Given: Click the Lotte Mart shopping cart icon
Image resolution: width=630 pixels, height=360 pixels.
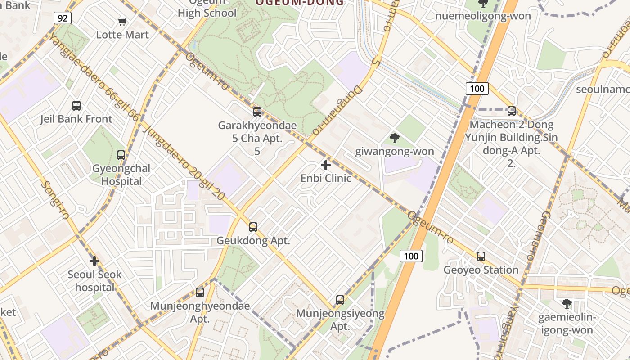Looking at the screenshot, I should (122, 22).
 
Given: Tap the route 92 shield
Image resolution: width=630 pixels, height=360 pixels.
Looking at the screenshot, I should (63, 18).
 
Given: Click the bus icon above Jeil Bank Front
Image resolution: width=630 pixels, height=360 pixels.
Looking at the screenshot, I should (76, 106).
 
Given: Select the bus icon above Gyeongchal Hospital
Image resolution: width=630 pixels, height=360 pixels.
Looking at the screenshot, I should (121, 155).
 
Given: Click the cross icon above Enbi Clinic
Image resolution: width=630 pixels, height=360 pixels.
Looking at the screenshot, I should (326, 165).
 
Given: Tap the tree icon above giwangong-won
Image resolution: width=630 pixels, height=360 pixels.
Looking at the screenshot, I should (395, 138).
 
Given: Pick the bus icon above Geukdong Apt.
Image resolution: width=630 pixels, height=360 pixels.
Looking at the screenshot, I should (253, 227).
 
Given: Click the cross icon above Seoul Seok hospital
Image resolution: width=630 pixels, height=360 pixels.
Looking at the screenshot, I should (94, 261).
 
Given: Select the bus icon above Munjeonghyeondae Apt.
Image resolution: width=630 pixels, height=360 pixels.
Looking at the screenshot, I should (200, 292).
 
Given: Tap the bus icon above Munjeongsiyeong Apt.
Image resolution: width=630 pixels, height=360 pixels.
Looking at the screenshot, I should (340, 300).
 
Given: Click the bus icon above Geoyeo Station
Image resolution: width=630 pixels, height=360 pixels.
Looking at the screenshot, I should (481, 256).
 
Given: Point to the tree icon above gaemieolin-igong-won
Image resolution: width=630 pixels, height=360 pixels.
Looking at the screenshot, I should (567, 304).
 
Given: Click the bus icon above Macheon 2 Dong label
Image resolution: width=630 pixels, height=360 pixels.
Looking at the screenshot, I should (512, 111).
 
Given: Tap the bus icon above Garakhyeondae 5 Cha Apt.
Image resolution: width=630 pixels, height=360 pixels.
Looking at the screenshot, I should (257, 112).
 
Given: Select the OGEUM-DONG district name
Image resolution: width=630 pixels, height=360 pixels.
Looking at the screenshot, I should (300, 3).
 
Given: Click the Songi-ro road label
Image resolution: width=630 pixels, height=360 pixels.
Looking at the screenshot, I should (54, 200).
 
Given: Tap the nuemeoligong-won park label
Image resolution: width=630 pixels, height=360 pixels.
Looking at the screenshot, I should (483, 16).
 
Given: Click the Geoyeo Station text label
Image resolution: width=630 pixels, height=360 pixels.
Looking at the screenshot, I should (481, 270).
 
